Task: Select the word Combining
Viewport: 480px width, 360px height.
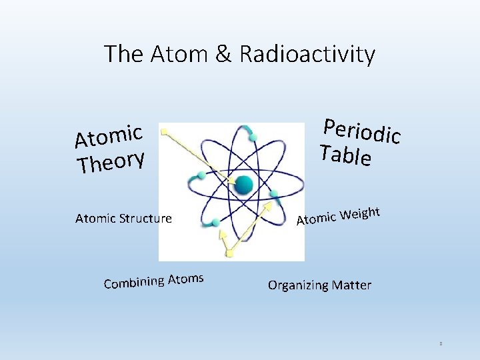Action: [133, 282]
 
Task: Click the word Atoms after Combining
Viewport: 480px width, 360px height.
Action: [185, 277]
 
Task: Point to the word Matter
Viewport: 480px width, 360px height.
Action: [351, 285]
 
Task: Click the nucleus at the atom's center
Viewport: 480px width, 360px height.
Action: [244, 185]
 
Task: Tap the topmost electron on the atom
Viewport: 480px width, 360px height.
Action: [253, 138]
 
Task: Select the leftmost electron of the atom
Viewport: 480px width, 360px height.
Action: [201, 175]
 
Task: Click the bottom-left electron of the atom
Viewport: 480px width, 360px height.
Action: [215, 223]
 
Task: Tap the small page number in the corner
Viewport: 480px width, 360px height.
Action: [441, 344]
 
